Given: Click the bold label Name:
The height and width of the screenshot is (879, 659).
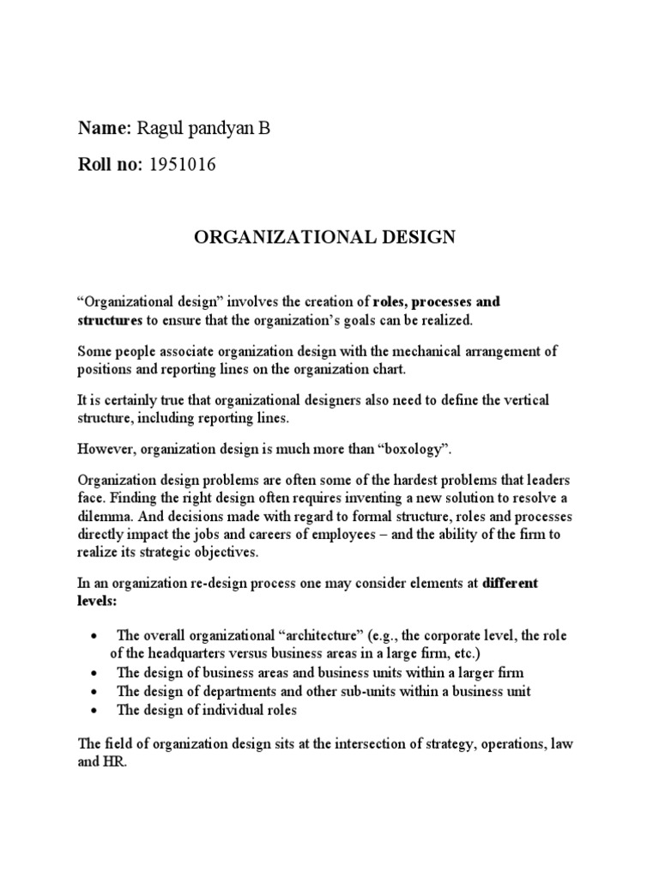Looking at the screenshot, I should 103,129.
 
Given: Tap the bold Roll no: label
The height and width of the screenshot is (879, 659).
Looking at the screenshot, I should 111,166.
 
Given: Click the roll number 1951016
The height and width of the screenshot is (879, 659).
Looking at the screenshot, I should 182,166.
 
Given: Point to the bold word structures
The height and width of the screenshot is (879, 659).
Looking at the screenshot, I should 109,319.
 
